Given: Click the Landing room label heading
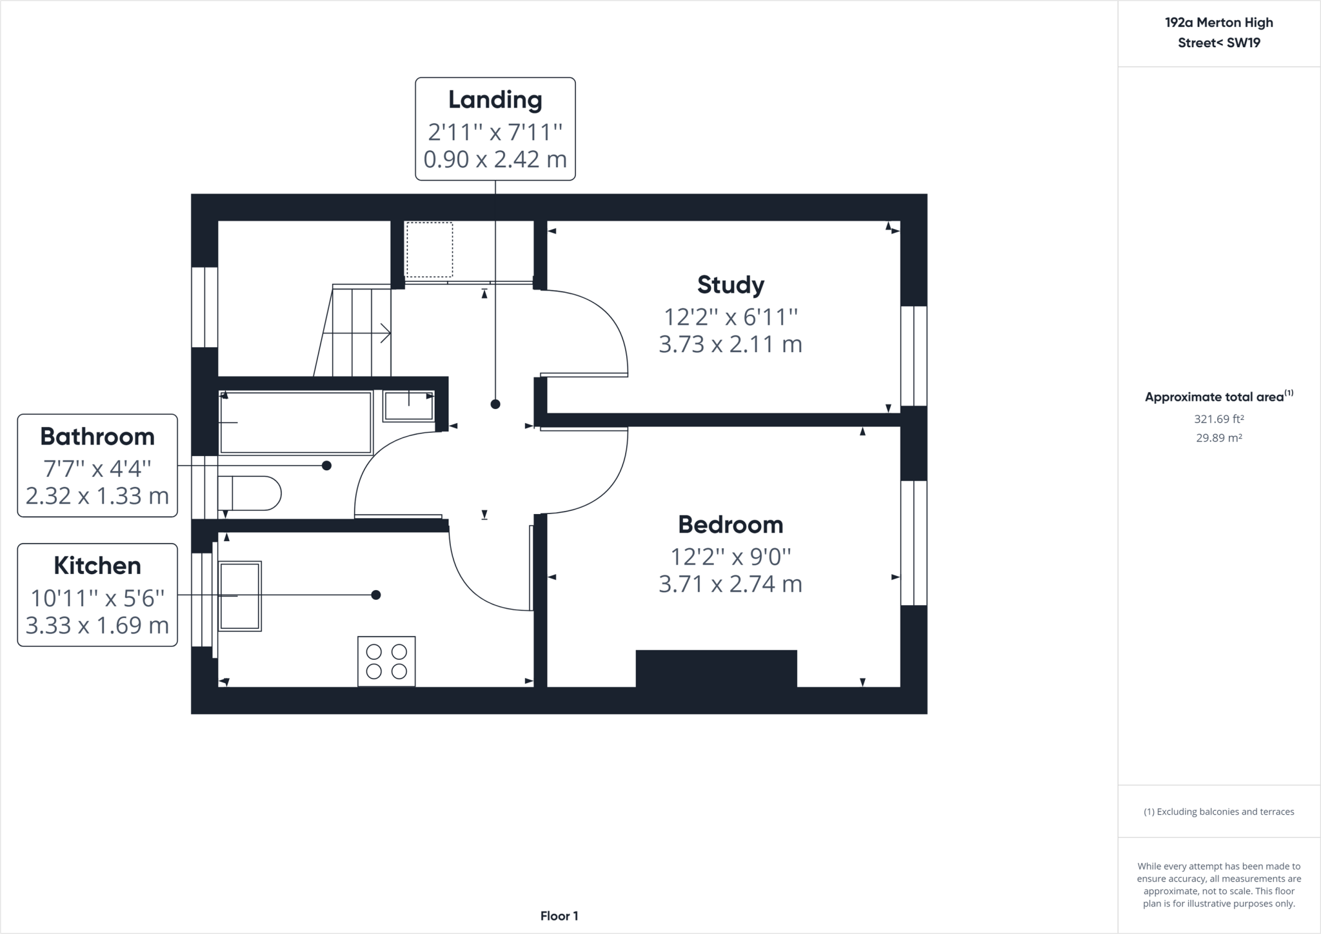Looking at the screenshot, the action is pyautogui.click(x=495, y=100).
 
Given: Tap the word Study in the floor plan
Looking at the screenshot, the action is pyautogui.click(x=731, y=285).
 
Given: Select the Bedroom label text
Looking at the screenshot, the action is pyautogui.click(x=731, y=524).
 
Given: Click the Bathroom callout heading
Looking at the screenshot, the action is pyautogui.click(x=97, y=437).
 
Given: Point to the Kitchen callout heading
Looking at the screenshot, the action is pyautogui.click(x=97, y=566).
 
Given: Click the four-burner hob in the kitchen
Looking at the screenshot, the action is pyautogui.click(x=386, y=661).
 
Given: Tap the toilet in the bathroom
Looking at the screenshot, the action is pyautogui.click(x=249, y=493).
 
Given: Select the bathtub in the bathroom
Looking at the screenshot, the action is pyautogui.click(x=296, y=422).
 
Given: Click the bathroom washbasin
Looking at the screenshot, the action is pyautogui.click(x=408, y=406).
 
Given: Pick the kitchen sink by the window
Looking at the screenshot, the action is pyautogui.click(x=240, y=595).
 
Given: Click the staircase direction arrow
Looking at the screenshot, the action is pyautogui.click(x=357, y=333).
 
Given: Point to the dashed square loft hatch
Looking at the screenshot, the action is pyautogui.click(x=429, y=250).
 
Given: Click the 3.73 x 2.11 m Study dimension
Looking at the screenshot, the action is pyautogui.click(x=731, y=344).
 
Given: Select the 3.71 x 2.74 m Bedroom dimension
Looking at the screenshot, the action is pyautogui.click(x=731, y=584).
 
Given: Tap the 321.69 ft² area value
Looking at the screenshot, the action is pyautogui.click(x=1218, y=419).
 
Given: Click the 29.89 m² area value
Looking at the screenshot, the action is pyautogui.click(x=1218, y=438).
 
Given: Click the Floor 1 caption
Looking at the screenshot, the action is pyautogui.click(x=559, y=916).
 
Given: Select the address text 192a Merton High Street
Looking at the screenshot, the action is pyautogui.click(x=1219, y=33).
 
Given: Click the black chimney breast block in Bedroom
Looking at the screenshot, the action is pyautogui.click(x=717, y=669).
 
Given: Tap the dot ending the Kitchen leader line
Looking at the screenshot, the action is pyautogui.click(x=376, y=595).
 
